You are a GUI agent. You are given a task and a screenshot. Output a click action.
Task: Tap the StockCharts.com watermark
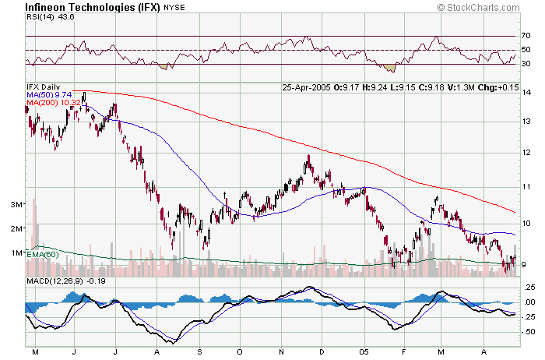(x=487, y=6)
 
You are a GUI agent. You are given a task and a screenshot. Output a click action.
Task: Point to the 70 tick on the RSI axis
(x=526, y=36)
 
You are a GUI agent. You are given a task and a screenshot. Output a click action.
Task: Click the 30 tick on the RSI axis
(x=526, y=65)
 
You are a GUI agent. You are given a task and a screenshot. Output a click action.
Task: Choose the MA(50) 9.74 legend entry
(x=49, y=94)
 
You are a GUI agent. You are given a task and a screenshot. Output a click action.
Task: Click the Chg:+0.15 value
(x=496, y=86)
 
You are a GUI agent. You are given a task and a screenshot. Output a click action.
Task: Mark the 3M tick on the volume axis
(x=15, y=204)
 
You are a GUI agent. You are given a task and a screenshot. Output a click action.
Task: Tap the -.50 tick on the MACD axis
(x=529, y=331)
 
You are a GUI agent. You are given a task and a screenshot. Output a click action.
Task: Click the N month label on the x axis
(x=280, y=352)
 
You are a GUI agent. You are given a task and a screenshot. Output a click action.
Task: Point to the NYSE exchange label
(x=174, y=7)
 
